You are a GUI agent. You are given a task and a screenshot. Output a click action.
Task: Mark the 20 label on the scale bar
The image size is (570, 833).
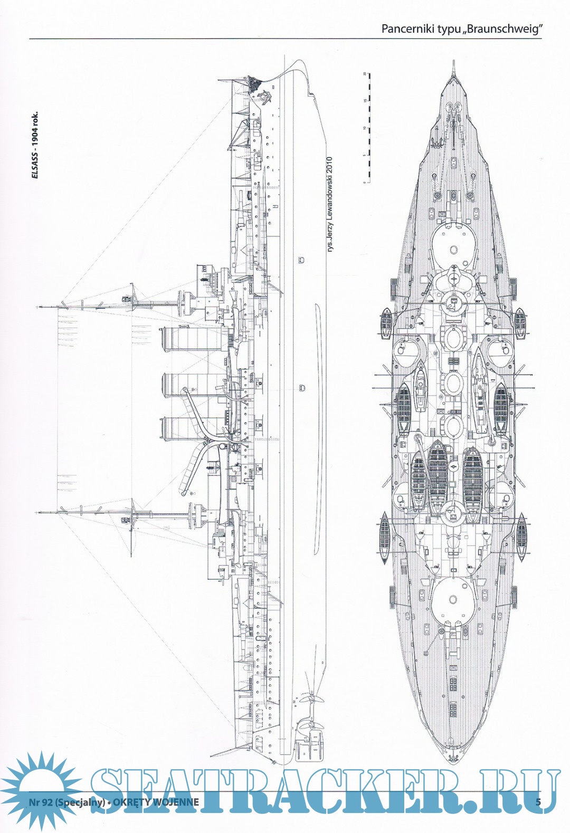click(364, 74)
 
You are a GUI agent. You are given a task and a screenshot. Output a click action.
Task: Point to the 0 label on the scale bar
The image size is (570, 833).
click(364, 182)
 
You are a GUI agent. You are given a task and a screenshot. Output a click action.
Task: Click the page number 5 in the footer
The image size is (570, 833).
click(538, 802)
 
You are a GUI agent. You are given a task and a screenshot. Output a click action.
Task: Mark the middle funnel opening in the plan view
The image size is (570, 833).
click(453, 382)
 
